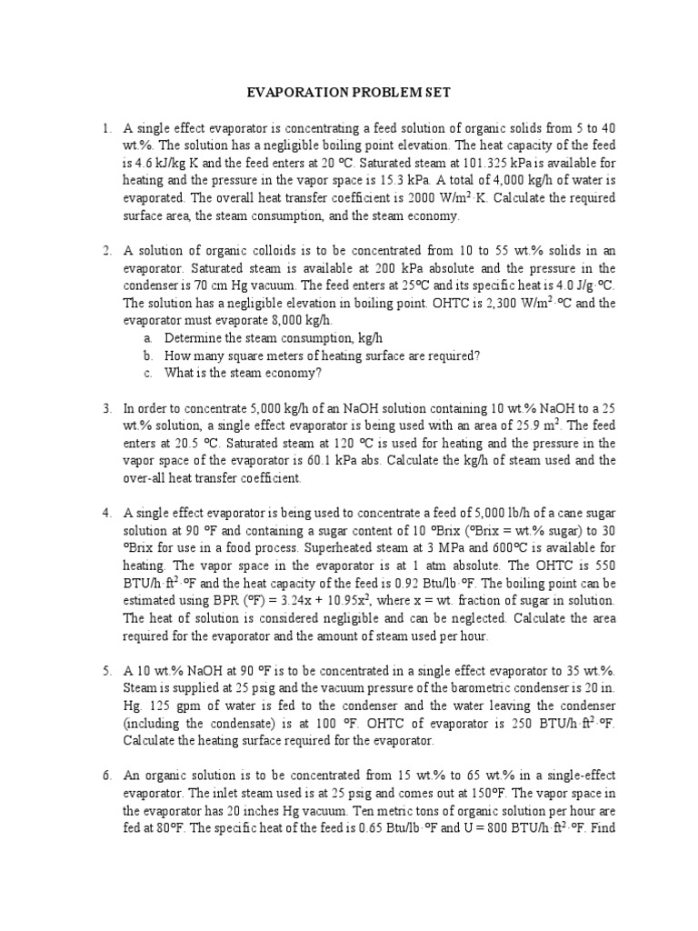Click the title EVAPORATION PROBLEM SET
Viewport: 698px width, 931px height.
349,93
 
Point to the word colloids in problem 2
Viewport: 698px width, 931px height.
264,251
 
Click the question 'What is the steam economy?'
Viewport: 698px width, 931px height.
244,373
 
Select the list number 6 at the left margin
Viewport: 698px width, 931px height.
106,775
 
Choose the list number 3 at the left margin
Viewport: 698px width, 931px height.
106,408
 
